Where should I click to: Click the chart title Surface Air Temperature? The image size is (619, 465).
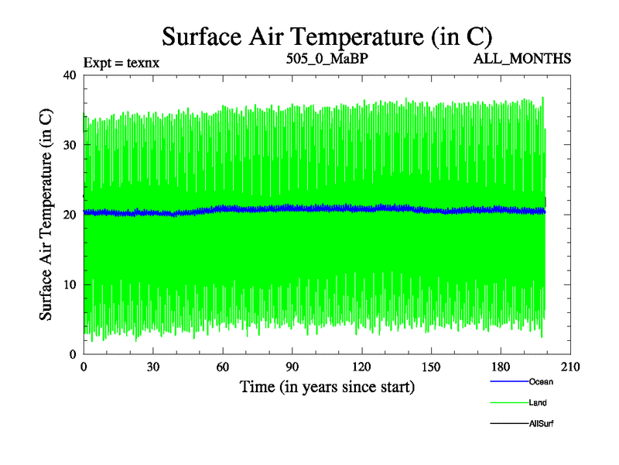pyautogui.click(x=327, y=36)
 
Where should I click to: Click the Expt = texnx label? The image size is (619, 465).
pyautogui.click(x=121, y=63)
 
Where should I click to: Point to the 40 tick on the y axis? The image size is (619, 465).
pyautogui.click(x=69, y=75)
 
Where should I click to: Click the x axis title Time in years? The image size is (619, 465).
pyautogui.click(x=327, y=387)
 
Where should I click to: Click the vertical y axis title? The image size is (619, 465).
pyautogui.click(x=46, y=215)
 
